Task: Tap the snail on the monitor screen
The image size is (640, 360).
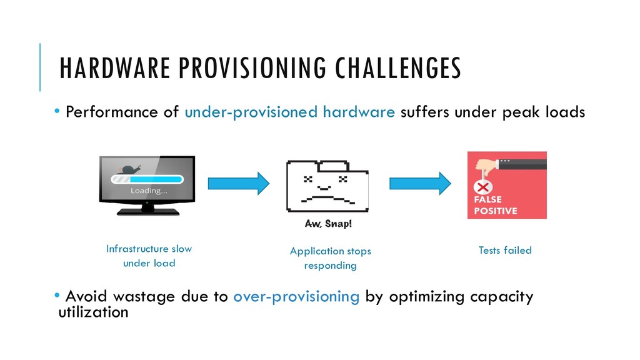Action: click(130, 168)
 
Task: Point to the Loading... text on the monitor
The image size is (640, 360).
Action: click(148, 191)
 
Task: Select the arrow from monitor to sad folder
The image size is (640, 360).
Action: click(238, 183)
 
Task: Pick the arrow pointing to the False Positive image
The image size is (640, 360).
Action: click(420, 183)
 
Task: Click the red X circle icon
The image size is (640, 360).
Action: click(482, 187)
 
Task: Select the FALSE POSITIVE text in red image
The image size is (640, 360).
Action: click(494, 206)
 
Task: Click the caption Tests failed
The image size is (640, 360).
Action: click(504, 251)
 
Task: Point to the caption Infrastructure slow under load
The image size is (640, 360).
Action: click(149, 256)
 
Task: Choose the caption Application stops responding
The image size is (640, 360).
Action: click(330, 258)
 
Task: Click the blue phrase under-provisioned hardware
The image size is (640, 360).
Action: click(289, 112)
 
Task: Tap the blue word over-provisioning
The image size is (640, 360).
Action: click(296, 296)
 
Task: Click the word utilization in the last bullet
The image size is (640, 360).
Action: click(92, 311)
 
